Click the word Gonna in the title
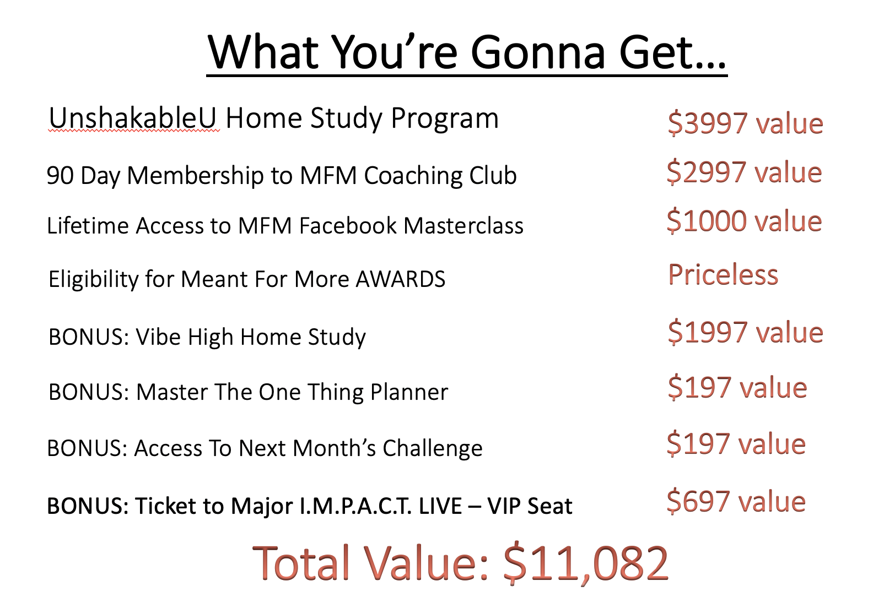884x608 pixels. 538,52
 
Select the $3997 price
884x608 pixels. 708,123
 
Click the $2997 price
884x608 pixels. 707,172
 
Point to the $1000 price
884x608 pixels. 707,221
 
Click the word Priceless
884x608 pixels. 723,274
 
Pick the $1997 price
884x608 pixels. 708,333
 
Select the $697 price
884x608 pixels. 698,502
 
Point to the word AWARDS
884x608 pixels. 400,279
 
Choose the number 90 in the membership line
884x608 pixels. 60,175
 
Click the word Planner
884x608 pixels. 409,392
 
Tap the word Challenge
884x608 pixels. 433,449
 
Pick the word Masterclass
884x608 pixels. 463,226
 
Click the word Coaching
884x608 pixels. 413,176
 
